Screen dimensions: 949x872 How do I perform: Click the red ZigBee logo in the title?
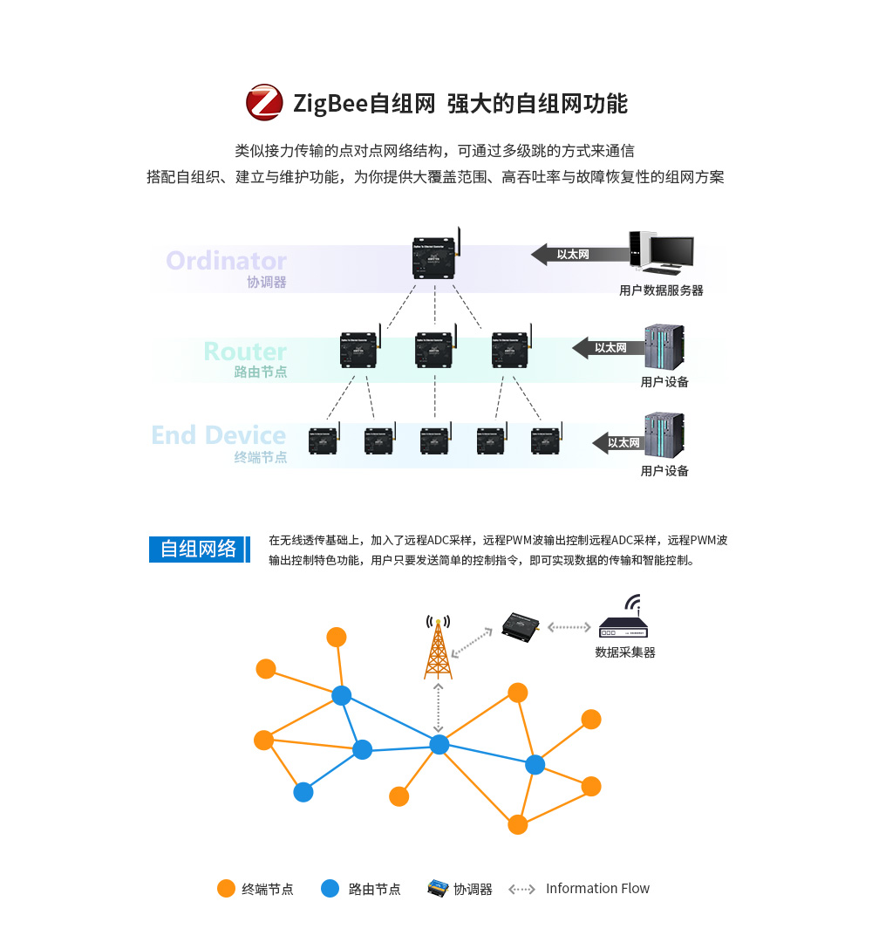pos(264,103)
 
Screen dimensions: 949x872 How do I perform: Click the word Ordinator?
pos(226,261)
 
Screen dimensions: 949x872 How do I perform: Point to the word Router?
pos(245,352)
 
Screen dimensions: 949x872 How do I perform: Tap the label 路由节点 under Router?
pos(260,372)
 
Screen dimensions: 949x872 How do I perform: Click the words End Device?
pos(218,435)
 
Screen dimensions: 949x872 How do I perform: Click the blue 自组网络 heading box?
pos(198,549)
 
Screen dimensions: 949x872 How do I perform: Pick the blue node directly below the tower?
pos(439,744)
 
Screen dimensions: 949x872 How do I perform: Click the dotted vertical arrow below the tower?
pos(439,707)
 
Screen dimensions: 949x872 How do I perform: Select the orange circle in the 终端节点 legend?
pos(226,889)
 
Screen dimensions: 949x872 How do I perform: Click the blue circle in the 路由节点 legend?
pos(330,889)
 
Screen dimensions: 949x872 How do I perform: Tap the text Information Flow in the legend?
pos(597,889)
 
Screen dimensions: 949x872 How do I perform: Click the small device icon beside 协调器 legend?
pos(437,889)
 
